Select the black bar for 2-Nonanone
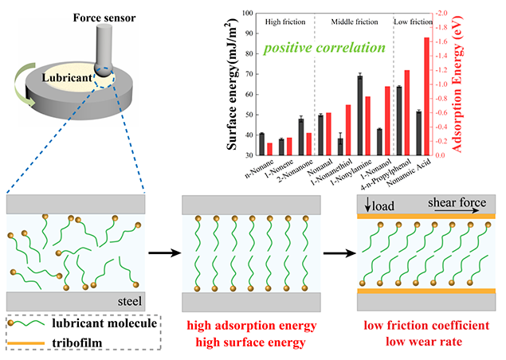click(x=301, y=136)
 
